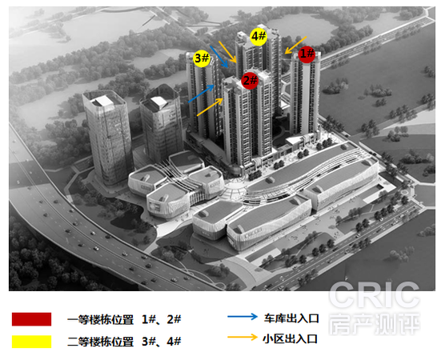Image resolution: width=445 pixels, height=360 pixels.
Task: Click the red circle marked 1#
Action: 307,54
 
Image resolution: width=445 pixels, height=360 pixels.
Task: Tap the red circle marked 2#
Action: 250,81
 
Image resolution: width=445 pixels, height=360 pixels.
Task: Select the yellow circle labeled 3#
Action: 202,58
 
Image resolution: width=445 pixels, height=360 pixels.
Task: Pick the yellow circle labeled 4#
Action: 259,37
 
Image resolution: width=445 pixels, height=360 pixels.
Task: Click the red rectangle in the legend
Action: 31,319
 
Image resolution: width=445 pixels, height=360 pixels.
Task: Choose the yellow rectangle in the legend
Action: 31,342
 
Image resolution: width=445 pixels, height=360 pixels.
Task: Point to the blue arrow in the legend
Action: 243,317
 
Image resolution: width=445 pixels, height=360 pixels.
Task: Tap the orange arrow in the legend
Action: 243,337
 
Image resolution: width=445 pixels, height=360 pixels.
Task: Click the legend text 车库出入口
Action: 291,318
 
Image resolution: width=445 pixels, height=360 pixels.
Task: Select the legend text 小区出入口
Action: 290,338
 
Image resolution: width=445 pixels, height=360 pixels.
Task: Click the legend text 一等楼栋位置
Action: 101,320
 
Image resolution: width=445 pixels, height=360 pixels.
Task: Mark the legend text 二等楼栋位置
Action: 101,342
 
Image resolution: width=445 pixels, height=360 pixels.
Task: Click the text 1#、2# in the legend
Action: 161,320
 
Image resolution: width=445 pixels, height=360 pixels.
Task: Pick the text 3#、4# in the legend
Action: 161,342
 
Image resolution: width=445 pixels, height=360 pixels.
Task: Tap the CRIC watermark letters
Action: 374,295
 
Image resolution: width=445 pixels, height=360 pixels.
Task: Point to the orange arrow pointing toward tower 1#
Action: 295,45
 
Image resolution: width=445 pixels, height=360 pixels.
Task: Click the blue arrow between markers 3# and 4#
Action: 219,57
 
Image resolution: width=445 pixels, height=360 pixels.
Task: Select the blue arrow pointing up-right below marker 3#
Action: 201,94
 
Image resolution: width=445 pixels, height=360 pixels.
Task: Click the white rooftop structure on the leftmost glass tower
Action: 103,102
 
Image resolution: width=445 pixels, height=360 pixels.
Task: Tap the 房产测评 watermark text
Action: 374,324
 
